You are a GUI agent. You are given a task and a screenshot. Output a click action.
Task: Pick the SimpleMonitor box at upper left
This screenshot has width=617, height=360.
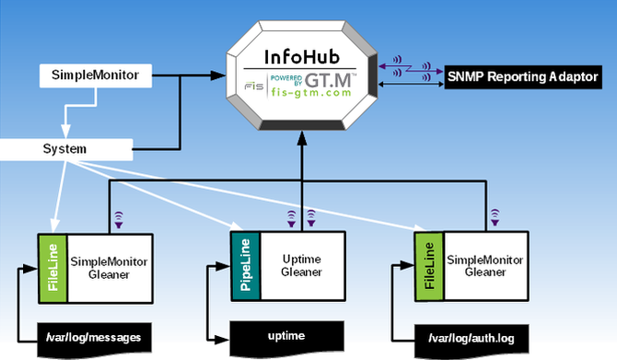point(96,74)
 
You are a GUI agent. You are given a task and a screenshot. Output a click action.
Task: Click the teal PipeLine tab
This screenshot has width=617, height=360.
point(244,268)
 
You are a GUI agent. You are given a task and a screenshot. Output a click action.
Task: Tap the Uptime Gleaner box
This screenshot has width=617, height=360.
point(300,267)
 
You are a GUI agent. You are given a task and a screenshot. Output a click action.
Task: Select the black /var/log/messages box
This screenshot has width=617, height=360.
point(93,338)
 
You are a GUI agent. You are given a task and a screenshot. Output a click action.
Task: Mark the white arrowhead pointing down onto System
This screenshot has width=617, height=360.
point(64,133)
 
